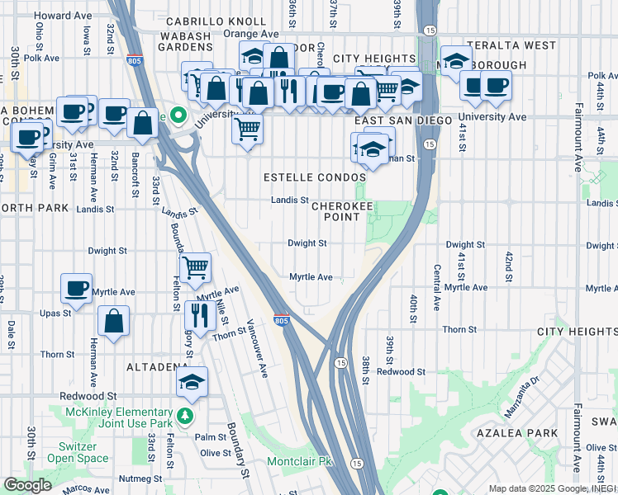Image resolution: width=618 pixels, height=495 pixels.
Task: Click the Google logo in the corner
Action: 28,484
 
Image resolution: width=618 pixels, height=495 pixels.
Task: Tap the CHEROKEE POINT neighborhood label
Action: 335,211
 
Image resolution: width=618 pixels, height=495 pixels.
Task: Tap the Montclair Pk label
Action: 298,461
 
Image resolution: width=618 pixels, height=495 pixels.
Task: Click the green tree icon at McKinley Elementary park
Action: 187,413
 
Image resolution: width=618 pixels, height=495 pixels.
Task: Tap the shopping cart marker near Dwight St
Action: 195,266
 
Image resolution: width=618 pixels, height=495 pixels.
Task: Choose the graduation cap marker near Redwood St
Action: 192,381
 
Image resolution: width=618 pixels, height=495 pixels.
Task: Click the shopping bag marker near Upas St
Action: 113,321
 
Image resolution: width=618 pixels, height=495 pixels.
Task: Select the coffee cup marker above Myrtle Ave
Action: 77,288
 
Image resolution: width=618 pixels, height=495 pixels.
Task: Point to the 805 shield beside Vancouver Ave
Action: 281,321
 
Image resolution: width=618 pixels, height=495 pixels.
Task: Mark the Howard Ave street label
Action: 64,15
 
